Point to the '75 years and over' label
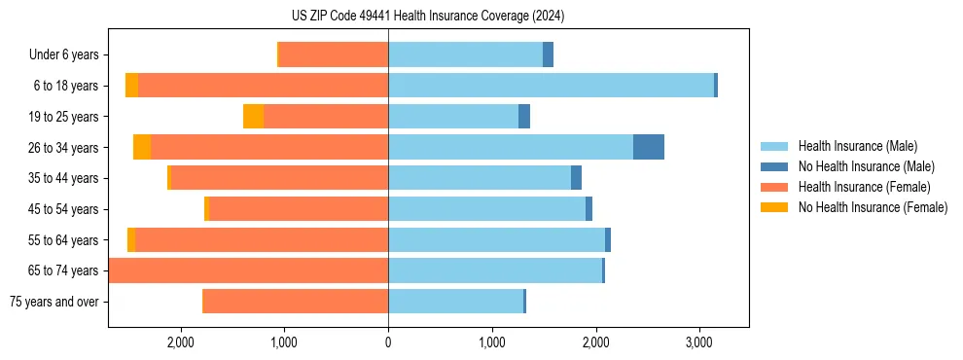click(x=54, y=302)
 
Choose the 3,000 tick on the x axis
click(x=699, y=342)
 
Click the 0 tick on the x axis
click(x=388, y=342)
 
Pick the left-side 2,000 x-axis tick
click(x=181, y=342)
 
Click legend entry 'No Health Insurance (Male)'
click(x=863, y=166)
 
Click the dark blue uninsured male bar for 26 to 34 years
click(x=649, y=147)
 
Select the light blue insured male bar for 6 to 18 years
click(x=551, y=86)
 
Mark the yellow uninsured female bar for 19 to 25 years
click(x=253, y=117)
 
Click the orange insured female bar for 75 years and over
click(x=296, y=302)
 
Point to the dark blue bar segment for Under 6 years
click(x=548, y=54)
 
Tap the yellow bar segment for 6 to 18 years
click(x=131, y=86)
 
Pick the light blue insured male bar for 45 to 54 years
click(x=486, y=209)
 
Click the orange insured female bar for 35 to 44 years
click(x=279, y=178)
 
